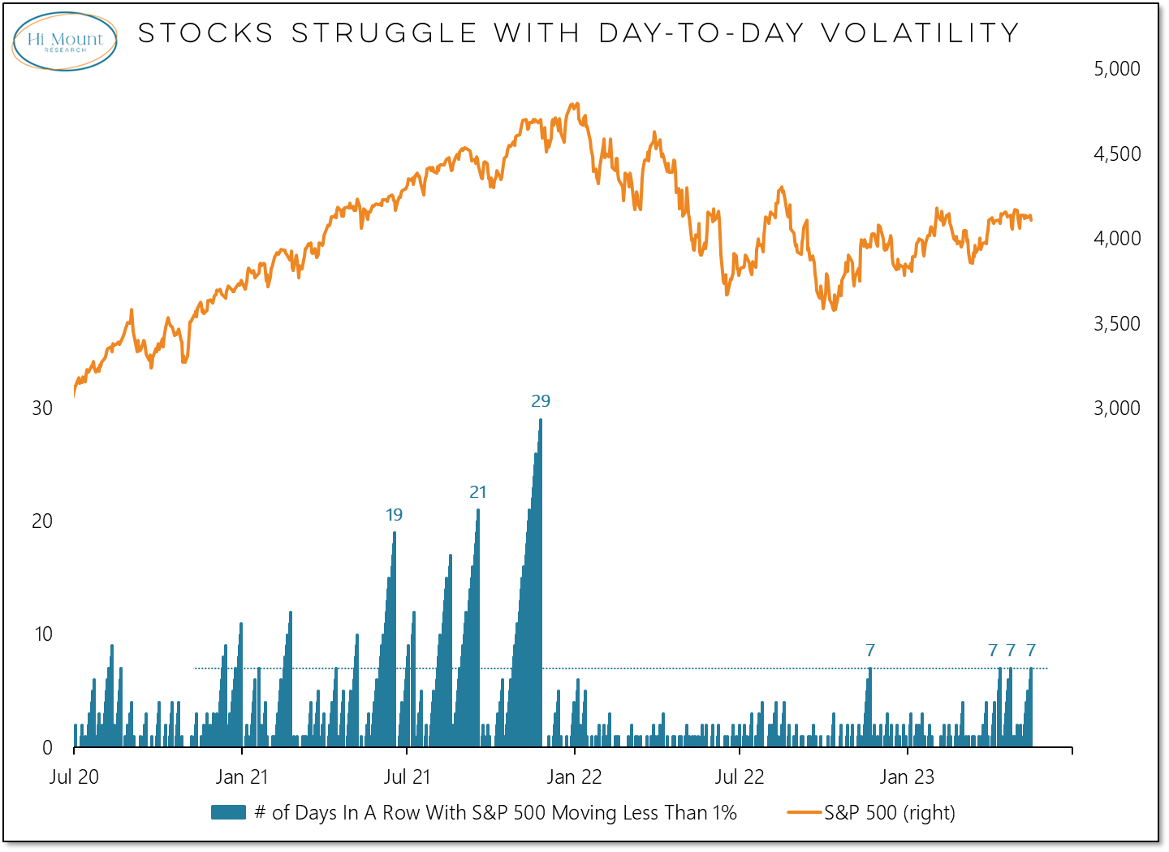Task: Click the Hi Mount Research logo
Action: click(x=65, y=41)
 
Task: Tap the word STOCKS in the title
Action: click(x=206, y=33)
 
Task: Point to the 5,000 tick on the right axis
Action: click(x=1116, y=69)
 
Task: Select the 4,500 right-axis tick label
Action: click(x=1116, y=154)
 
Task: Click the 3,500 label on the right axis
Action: click(x=1116, y=323)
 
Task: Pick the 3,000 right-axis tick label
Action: click(x=1116, y=408)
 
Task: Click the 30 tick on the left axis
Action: click(x=42, y=408)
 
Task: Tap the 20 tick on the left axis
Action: click(x=42, y=521)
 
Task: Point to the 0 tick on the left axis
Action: click(x=47, y=747)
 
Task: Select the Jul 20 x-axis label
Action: click(x=74, y=777)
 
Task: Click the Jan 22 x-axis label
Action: click(x=574, y=777)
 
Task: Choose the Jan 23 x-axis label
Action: click(x=907, y=777)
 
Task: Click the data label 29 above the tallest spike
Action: click(x=541, y=401)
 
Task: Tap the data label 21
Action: click(x=478, y=492)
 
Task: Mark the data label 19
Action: click(x=394, y=515)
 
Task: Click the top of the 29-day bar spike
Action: click(x=541, y=421)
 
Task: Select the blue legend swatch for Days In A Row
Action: click(x=228, y=812)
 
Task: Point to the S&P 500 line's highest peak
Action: click(x=576, y=104)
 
